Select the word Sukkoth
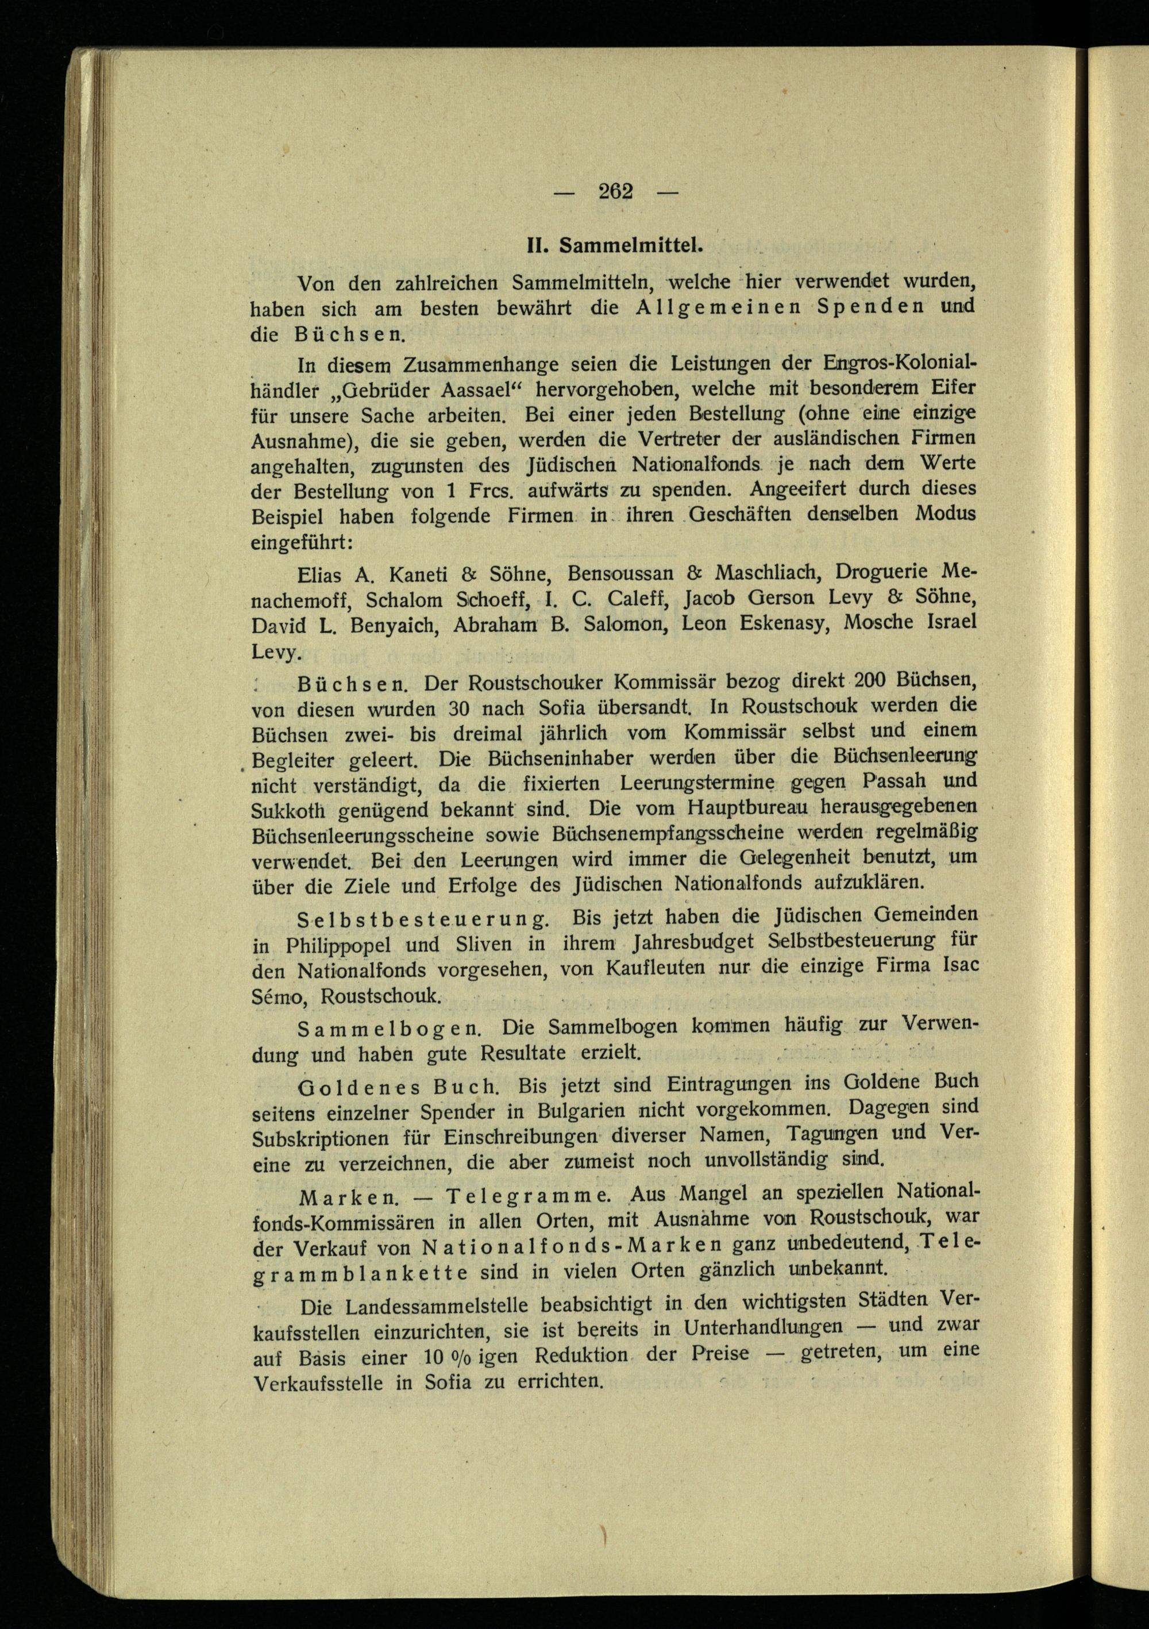click(288, 810)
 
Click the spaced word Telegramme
click(527, 1196)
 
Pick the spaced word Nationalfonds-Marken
click(572, 1246)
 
